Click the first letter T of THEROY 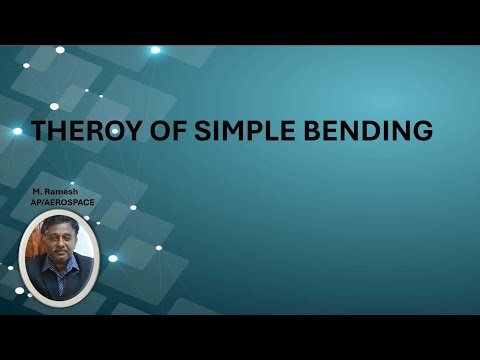[x=40, y=130]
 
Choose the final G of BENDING [x=423, y=130]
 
